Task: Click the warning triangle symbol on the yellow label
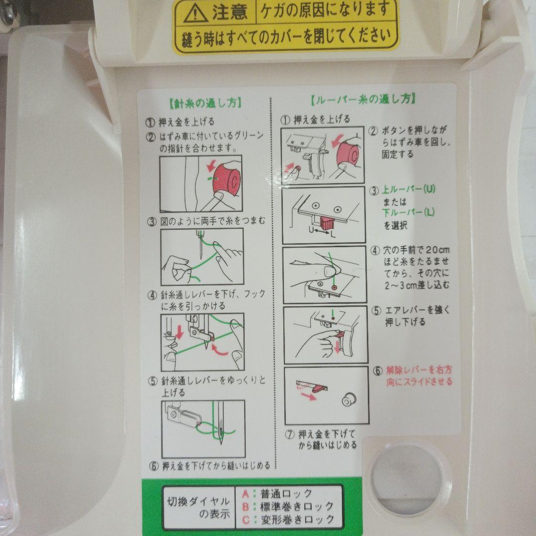pos(196,14)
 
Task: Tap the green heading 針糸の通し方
pos(206,103)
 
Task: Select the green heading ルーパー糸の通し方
pos(364,99)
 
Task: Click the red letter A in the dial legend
pos(246,494)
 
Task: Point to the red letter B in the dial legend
pos(246,506)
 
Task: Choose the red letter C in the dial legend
pos(246,520)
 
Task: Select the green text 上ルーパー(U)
pos(408,190)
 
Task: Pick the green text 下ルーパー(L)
pos(408,212)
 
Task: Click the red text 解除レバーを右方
pos(419,370)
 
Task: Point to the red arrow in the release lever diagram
pos(309,396)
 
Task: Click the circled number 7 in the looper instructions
pos(290,434)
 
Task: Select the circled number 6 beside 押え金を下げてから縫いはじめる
pos(154,466)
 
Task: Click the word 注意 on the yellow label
pos(230,12)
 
